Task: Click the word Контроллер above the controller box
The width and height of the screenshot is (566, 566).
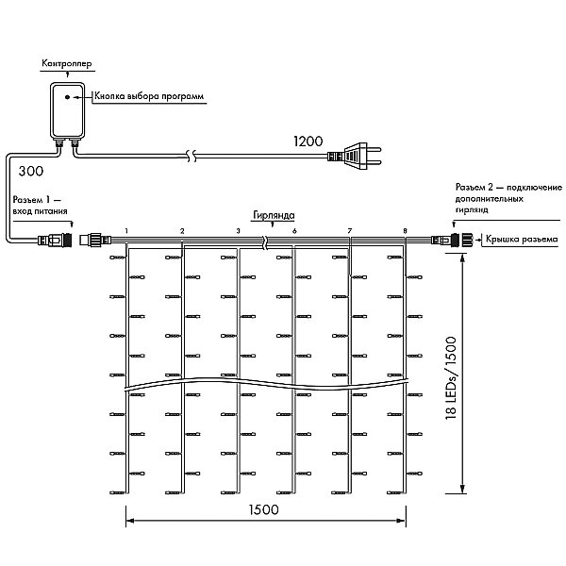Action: coord(67,63)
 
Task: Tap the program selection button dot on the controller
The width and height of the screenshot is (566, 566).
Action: coord(67,97)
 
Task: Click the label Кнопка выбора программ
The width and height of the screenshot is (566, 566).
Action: coord(149,96)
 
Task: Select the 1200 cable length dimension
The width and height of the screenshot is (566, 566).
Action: coord(308,141)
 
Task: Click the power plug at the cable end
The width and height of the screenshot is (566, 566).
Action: coord(355,156)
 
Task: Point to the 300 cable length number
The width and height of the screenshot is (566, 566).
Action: coord(31,171)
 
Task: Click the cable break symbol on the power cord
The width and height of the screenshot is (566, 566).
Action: coord(192,156)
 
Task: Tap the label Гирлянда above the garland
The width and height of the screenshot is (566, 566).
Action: coord(274,215)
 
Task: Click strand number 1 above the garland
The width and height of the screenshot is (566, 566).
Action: coord(126,231)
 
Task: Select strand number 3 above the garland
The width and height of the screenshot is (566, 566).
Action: coord(238,231)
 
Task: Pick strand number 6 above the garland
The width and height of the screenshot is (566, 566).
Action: coord(294,231)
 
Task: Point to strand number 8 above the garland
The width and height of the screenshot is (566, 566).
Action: coord(405,231)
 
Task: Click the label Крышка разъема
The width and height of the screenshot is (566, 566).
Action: coord(522,239)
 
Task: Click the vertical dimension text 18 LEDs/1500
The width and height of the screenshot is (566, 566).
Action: coord(451,378)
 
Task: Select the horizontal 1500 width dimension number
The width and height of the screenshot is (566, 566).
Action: coord(264,509)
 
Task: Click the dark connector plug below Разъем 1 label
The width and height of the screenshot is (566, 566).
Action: coord(56,240)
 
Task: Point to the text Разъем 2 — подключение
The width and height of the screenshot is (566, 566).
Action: coord(508,188)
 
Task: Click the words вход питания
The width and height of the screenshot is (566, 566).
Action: coord(40,211)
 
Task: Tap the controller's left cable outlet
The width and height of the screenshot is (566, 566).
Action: coord(58,143)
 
